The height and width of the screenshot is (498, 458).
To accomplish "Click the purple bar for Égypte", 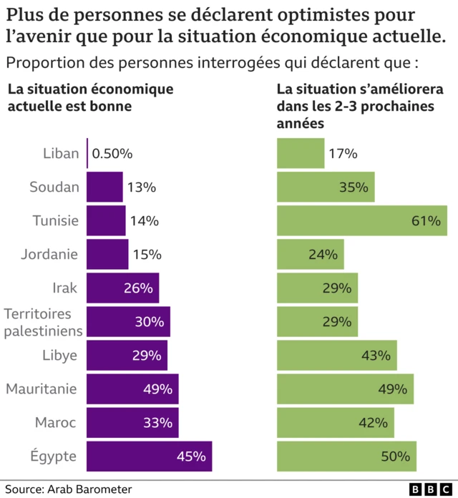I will click(149, 456).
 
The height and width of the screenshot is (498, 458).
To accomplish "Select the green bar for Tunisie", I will click(361, 220).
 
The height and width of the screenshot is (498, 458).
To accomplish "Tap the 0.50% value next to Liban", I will click(113, 154).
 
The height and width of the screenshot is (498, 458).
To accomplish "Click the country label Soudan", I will click(54, 187).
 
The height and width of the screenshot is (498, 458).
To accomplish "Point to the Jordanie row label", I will click(50, 254).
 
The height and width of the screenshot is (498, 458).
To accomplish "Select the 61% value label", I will click(425, 220).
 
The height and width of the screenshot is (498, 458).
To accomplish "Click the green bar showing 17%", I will click(301, 154).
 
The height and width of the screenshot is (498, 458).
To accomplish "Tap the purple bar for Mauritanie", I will click(132, 389).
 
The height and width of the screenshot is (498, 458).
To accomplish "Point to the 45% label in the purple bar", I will click(191, 456).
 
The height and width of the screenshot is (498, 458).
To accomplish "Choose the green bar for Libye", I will click(336, 356).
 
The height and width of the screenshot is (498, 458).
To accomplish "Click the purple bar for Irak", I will click(122, 288).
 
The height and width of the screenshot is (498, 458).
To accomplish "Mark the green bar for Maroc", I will click(335, 422).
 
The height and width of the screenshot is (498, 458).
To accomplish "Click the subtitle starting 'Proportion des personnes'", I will click(211, 62).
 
